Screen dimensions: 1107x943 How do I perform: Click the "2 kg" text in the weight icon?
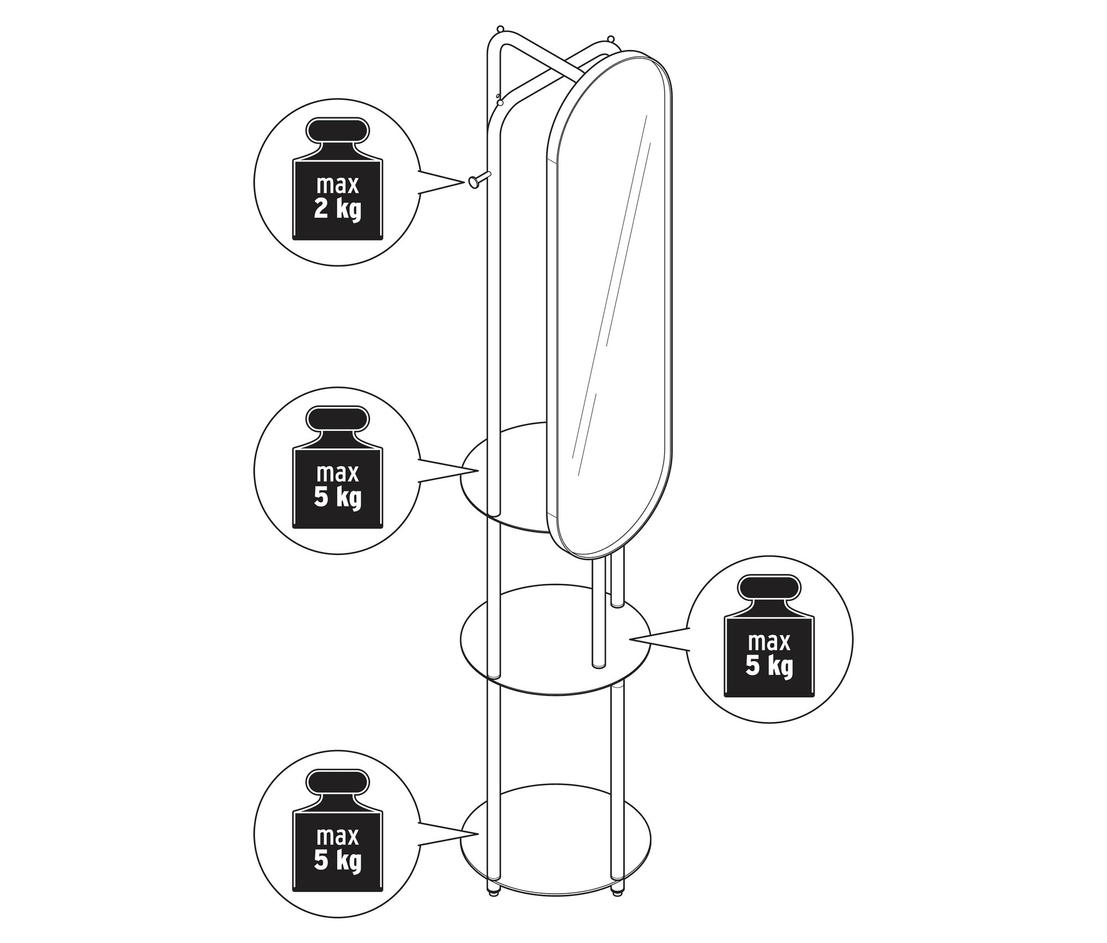[x=338, y=210]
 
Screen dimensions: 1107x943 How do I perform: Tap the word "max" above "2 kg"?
[x=338, y=185]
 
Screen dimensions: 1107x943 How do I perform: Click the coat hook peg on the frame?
[x=479, y=180]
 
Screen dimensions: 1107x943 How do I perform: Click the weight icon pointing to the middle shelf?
[x=769, y=636]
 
